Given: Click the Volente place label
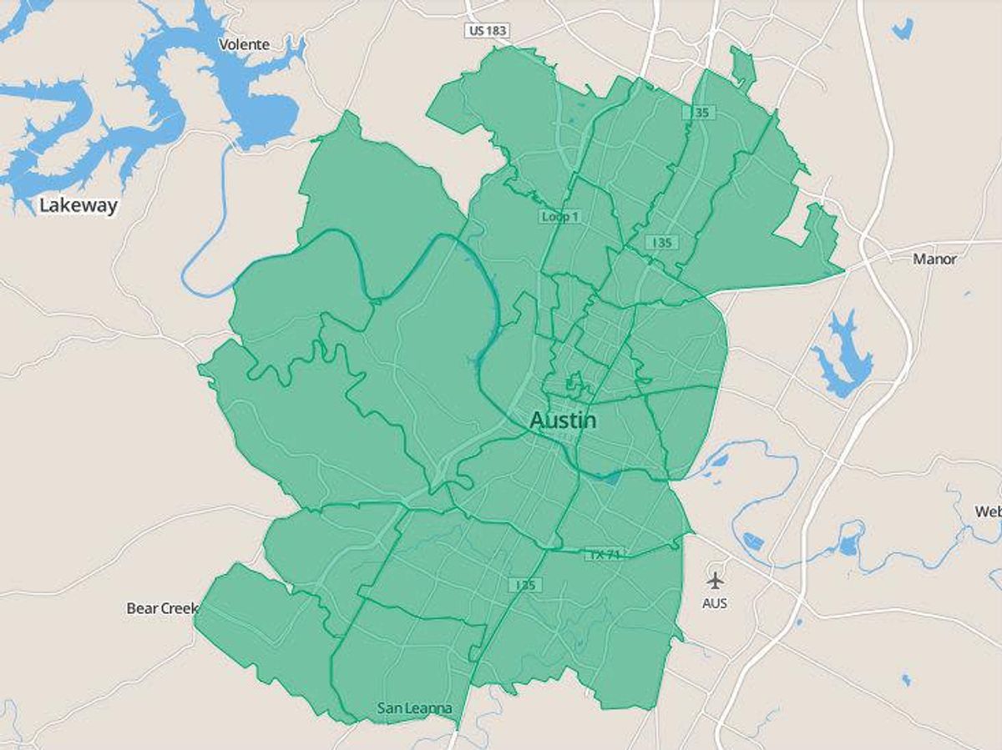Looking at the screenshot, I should [x=244, y=44].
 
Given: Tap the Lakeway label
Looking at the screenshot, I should [x=78, y=205].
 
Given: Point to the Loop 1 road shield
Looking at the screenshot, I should [x=560, y=217].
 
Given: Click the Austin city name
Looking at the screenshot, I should [x=563, y=420].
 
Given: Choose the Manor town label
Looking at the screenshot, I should [x=934, y=259].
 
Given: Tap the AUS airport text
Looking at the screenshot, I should [x=715, y=602].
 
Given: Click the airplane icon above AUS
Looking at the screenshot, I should [x=715, y=580].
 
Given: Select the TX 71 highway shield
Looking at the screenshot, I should [x=605, y=554].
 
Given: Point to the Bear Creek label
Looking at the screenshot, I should [x=162, y=608].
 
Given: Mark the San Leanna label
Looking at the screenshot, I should [x=414, y=709].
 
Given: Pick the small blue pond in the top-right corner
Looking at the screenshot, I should [x=902, y=29].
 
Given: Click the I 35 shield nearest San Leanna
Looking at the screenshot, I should [x=524, y=585].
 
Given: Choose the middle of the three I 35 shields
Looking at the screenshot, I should [x=661, y=242].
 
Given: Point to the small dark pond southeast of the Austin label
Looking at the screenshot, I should [x=613, y=478].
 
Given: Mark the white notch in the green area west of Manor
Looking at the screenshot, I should [x=793, y=224].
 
